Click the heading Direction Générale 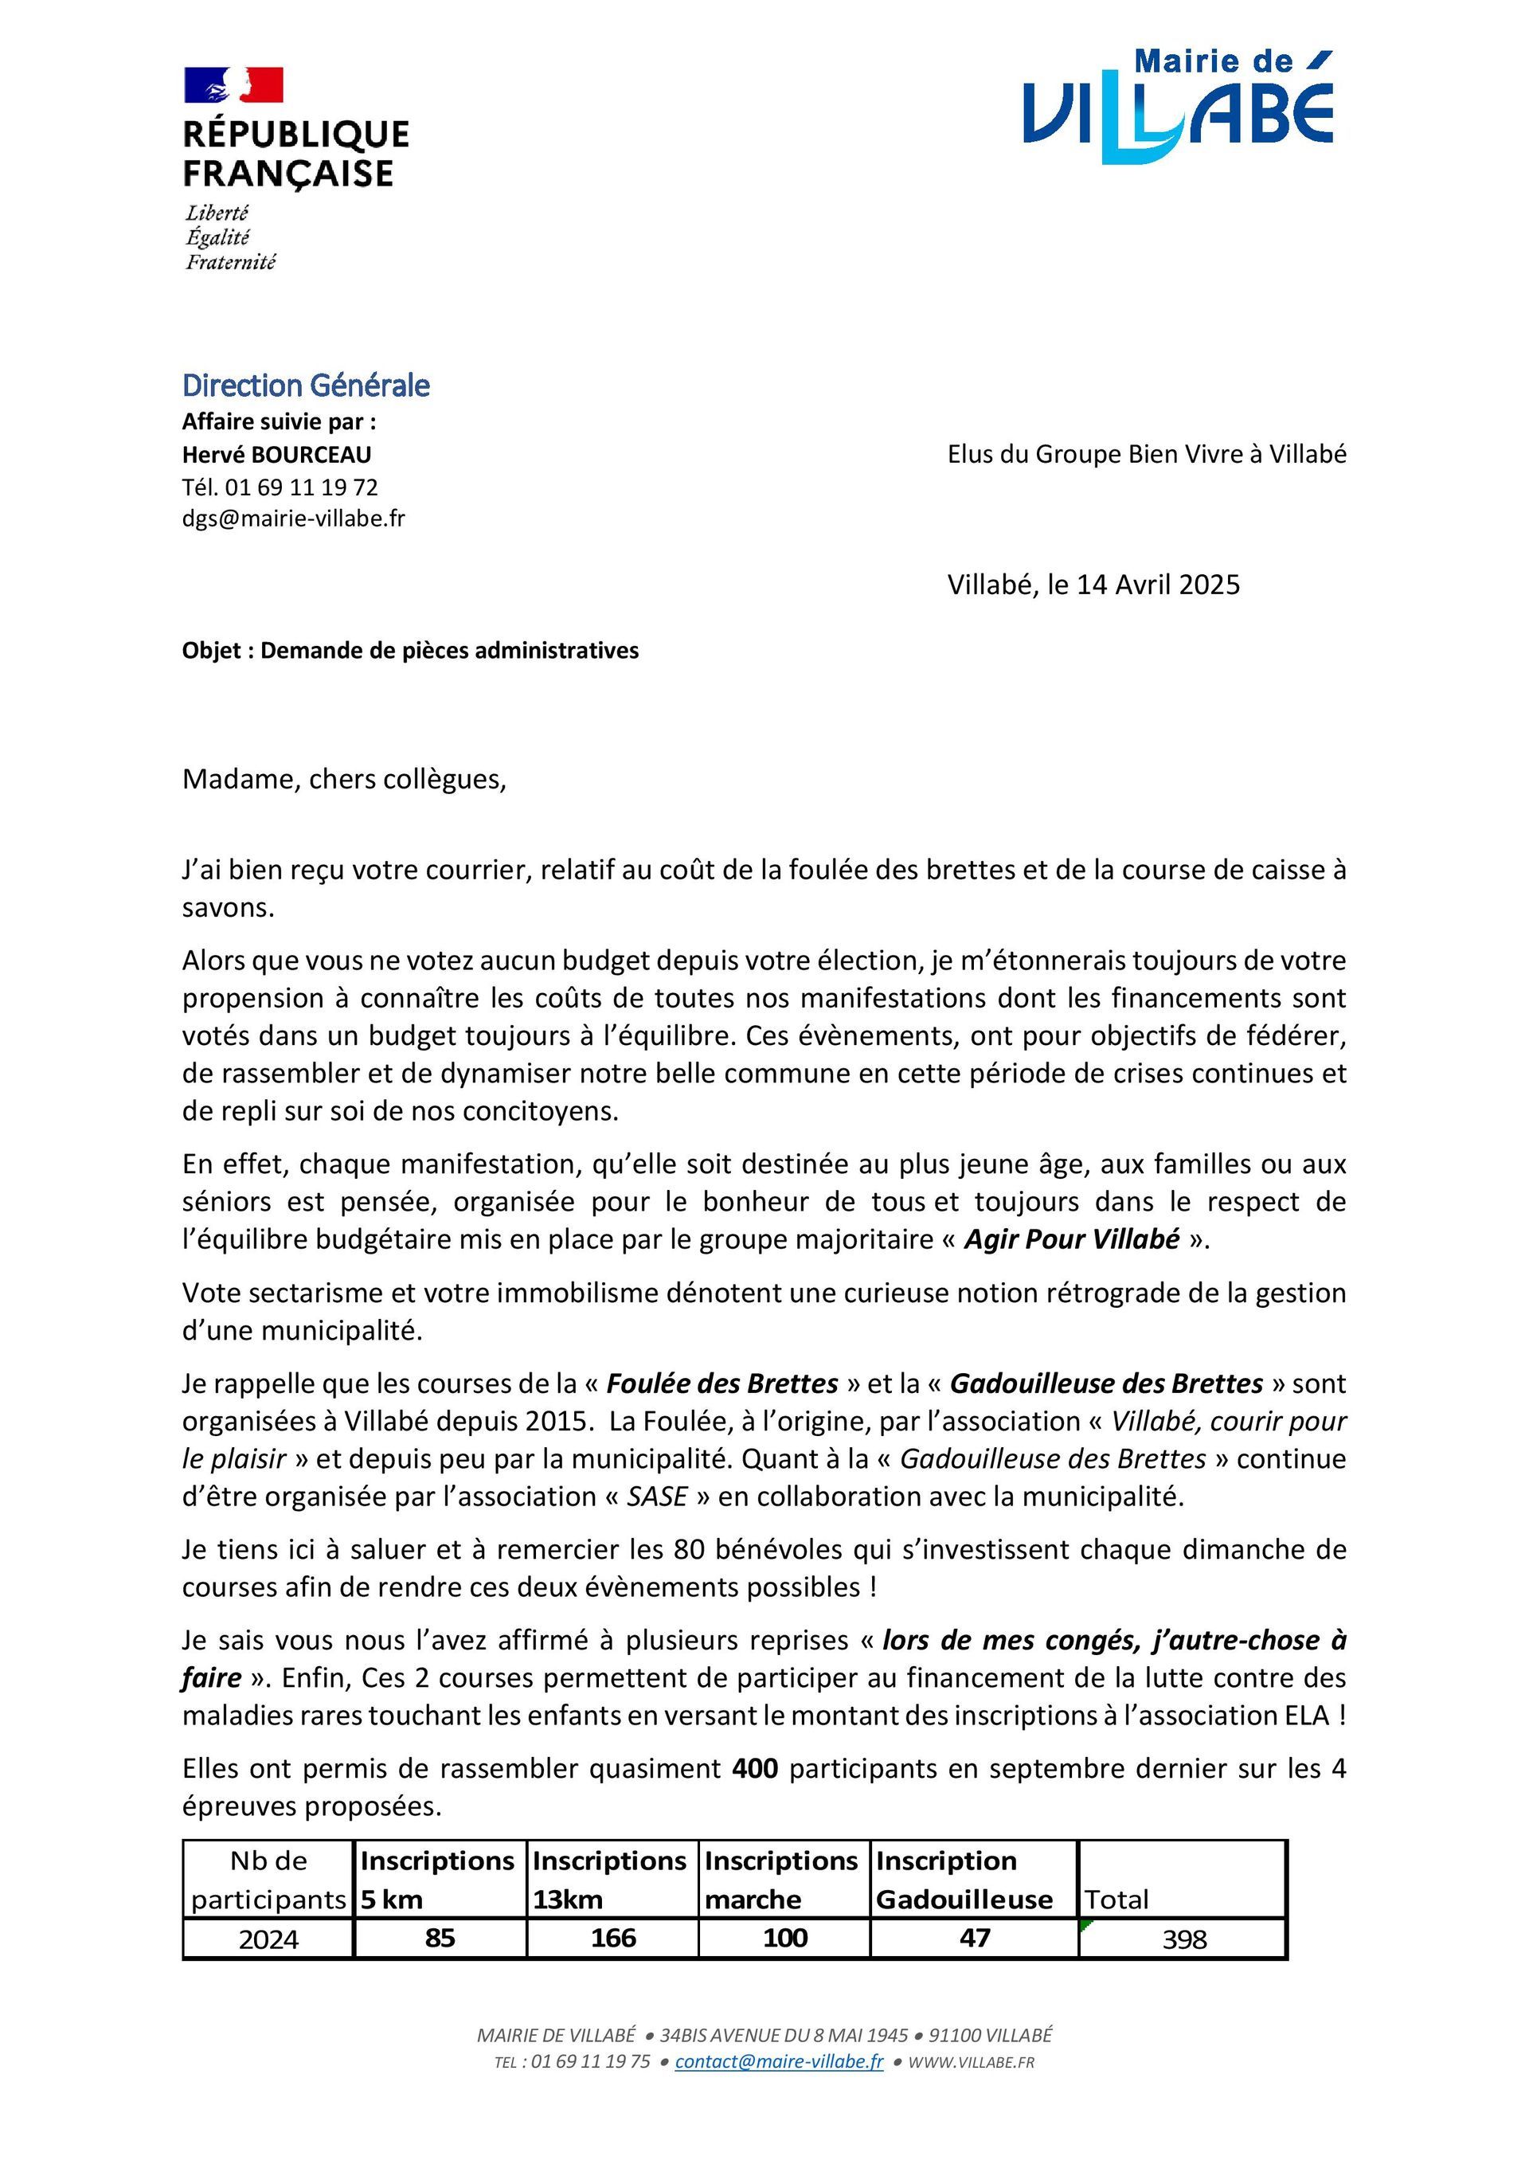306,385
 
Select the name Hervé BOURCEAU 276,454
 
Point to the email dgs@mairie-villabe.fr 293,518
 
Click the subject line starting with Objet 410,651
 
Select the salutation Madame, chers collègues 344,780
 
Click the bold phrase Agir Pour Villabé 1071,1239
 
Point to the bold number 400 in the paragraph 754,1768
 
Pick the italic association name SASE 656,1496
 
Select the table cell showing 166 612,1938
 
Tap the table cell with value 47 974,1938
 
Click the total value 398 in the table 1184,1939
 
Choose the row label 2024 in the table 268,1939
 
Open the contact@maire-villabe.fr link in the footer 779,2061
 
